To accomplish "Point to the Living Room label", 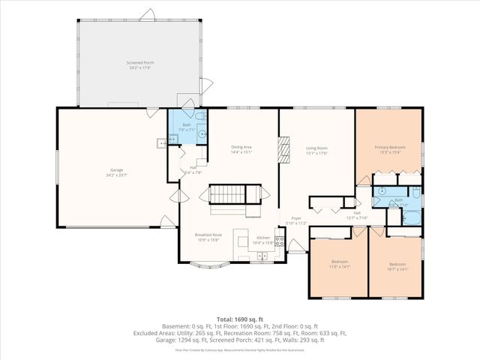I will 316,148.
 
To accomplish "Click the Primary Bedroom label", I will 390,147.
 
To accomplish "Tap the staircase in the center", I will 234,194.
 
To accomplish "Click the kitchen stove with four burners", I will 279,241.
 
